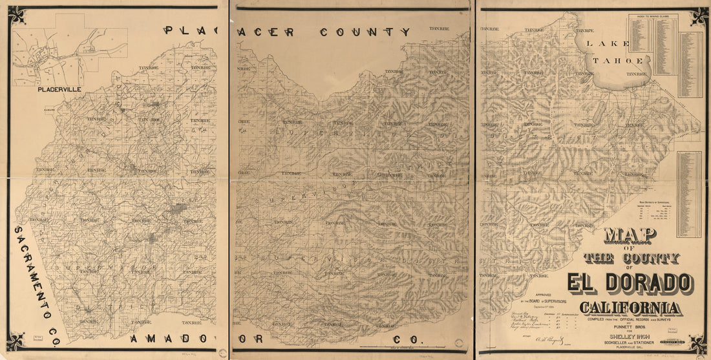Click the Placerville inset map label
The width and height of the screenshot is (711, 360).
pos(59,89)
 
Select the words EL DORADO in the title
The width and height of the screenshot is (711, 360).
pos(630,283)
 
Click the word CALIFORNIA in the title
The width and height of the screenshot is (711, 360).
pos(630,308)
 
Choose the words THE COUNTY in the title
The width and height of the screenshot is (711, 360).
pos(631,259)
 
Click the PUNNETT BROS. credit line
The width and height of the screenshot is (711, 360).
pos(631,326)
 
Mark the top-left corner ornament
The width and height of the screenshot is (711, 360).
pos(16,14)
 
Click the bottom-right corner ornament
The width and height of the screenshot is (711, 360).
pos(697,343)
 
